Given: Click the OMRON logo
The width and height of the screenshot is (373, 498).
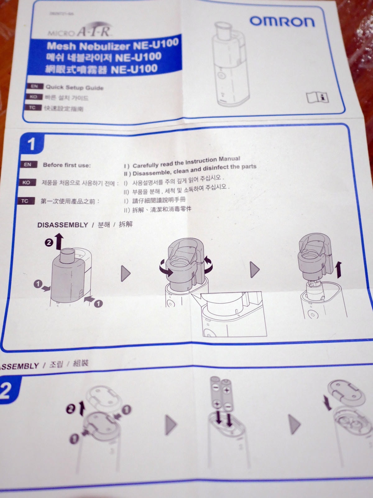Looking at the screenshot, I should (282, 21).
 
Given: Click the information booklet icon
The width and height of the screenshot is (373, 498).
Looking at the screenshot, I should (317, 97).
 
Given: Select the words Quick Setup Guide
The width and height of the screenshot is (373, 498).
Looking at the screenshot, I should (75, 87).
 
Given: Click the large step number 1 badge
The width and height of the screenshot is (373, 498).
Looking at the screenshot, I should (32, 144).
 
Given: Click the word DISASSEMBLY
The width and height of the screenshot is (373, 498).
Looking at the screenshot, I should (63, 225).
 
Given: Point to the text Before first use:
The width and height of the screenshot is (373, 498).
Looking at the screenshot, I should (67, 165).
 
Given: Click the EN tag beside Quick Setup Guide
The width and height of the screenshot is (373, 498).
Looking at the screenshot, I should (35, 86).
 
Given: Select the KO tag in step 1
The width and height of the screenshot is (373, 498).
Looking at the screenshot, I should (26, 183).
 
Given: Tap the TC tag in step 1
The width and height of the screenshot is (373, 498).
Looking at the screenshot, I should (25, 201).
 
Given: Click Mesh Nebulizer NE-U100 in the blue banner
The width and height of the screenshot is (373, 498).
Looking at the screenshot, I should (113, 45).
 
